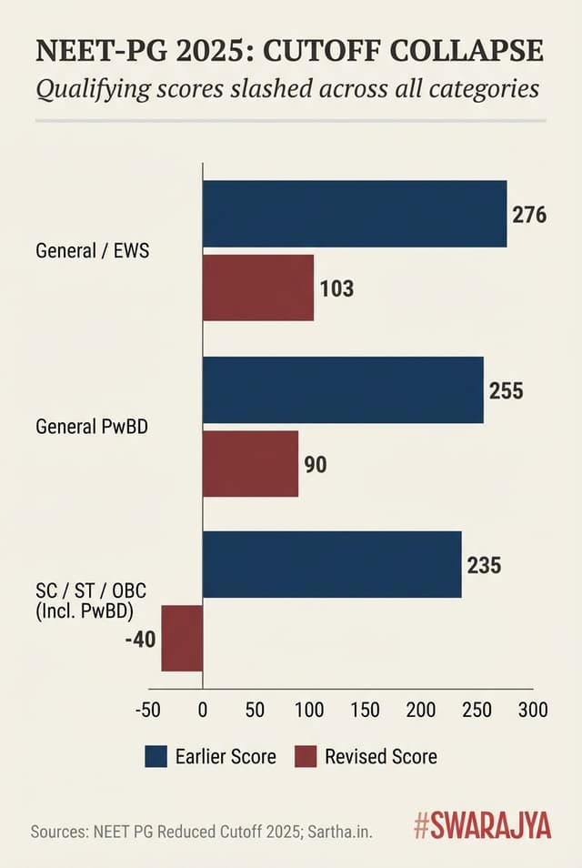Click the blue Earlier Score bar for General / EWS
(x=354, y=214)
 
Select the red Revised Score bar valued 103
(x=257, y=288)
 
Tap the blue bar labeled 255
(x=343, y=389)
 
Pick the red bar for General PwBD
(x=250, y=464)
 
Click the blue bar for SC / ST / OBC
(x=332, y=565)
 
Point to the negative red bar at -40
(x=182, y=638)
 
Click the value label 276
(x=529, y=216)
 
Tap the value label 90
(x=316, y=465)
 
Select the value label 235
(x=484, y=565)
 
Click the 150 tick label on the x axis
(x=366, y=711)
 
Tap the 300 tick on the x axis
(x=532, y=711)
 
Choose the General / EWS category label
(x=92, y=250)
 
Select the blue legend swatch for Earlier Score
(x=156, y=756)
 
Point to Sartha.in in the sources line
(x=340, y=831)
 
